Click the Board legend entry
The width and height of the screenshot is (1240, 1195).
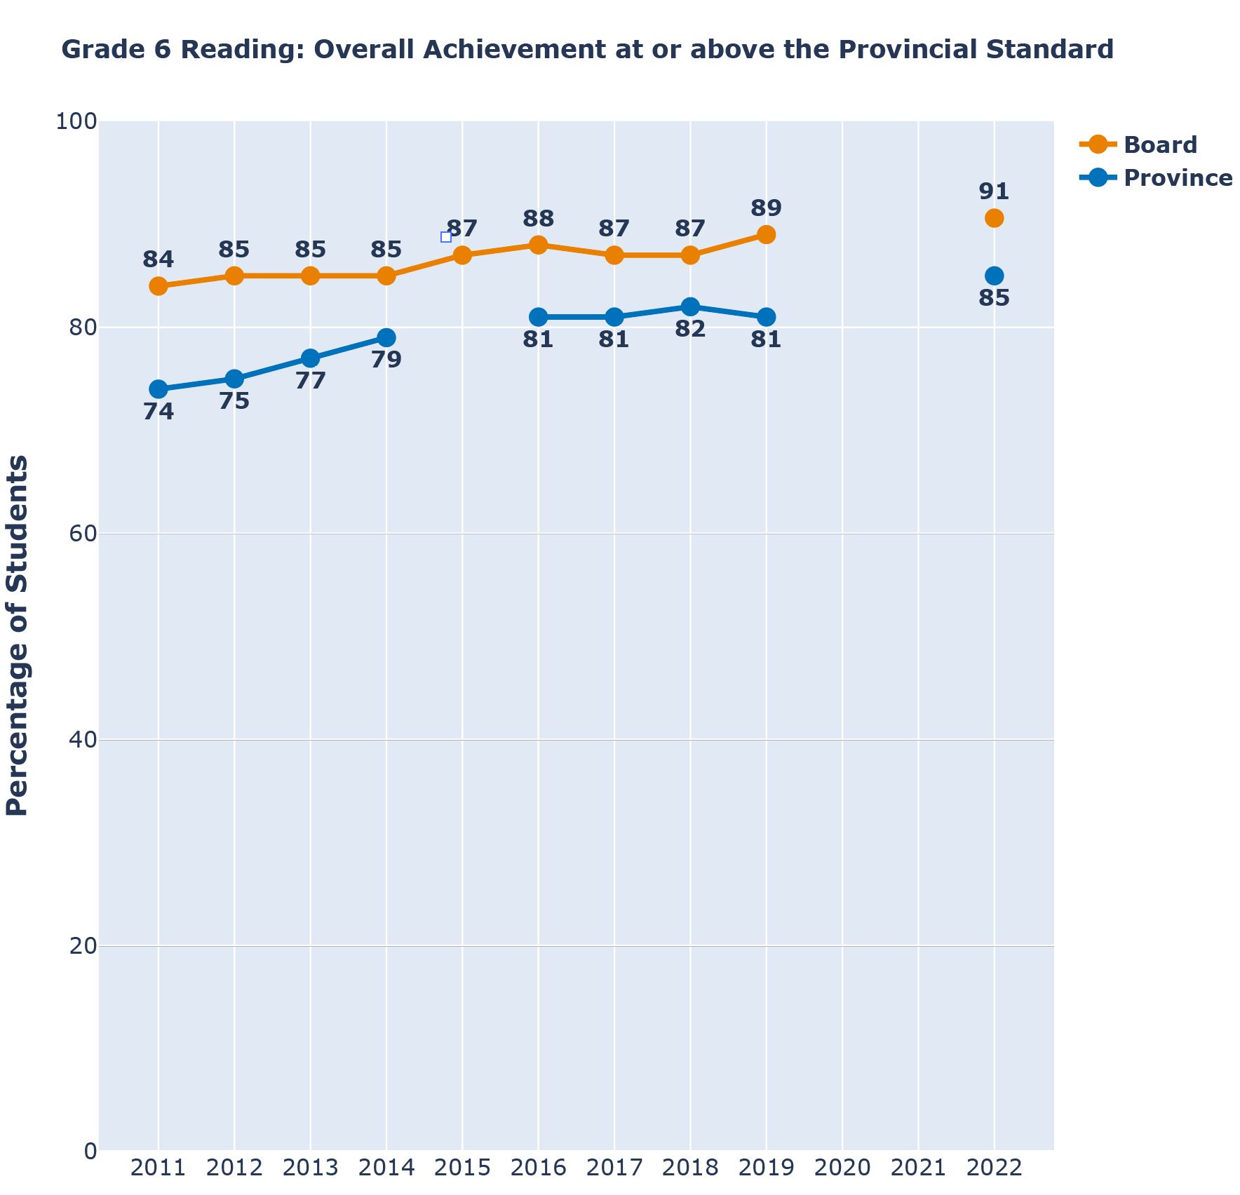pyautogui.click(x=1159, y=145)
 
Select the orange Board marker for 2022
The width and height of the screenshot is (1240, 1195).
pyautogui.click(x=994, y=218)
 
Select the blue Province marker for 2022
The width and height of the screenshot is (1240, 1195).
pyautogui.click(x=994, y=276)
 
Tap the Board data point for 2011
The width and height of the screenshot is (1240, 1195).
pyautogui.click(x=159, y=286)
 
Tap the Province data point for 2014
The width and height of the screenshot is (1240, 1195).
pyautogui.click(x=386, y=337)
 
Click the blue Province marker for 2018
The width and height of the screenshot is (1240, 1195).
pyautogui.click(x=690, y=306)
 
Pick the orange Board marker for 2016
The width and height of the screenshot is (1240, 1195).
pyautogui.click(x=539, y=245)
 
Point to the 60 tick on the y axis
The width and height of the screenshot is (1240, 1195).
pyautogui.click(x=76, y=534)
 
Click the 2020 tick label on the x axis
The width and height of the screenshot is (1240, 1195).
pyautogui.click(x=842, y=1168)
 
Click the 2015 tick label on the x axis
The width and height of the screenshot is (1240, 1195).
pyautogui.click(x=462, y=1168)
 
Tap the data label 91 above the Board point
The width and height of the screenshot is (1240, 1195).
pyautogui.click(x=994, y=191)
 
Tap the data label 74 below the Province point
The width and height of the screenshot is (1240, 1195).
pyautogui.click(x=159, y=412)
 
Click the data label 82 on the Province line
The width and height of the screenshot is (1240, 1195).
pyautogui.click(x=690, y=330)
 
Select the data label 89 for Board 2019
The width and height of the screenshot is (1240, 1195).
pyautogui.click(x=766, y=208)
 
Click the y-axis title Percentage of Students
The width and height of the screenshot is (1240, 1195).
pyautogui.click(x=18, y=635)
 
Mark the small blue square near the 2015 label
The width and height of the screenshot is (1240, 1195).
pyautogui.click(x=446, y=237)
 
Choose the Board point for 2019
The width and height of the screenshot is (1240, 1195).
pyautogui.click(x=766, y=234)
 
